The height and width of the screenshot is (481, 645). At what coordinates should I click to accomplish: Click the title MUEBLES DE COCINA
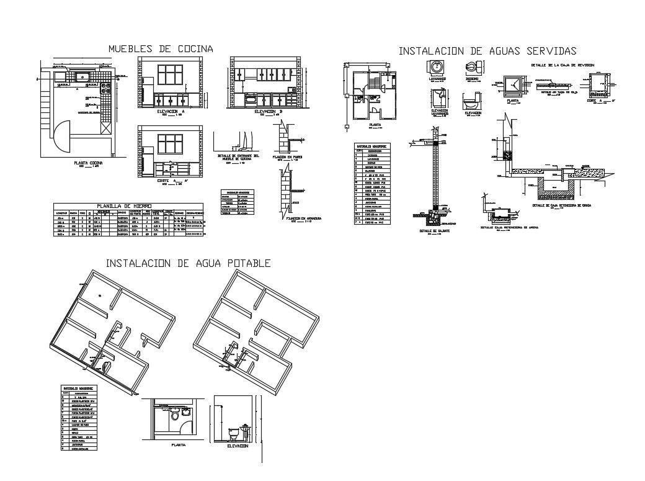pyautogui.click(x=161, y=48)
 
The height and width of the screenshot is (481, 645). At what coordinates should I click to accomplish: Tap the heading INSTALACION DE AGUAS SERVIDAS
pyautogui.click(x=487, y=50)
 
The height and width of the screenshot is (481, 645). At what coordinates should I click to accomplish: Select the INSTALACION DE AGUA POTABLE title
pyautogui.click(x=188, y=263)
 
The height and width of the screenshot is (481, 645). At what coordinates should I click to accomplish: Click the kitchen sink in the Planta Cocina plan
pyautogui.click(x=81, y=77)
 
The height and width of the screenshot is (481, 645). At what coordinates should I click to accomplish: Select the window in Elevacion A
pyautogui.click(x=169, y=76)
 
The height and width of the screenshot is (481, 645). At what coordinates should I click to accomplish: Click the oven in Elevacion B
pyautogui.click(x=251, y=98)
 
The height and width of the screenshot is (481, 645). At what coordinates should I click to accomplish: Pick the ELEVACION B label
pyautogui.click(x=268, y=111)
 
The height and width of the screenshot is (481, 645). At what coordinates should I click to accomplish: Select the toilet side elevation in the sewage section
pyautogui.click(x=471, y=100)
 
